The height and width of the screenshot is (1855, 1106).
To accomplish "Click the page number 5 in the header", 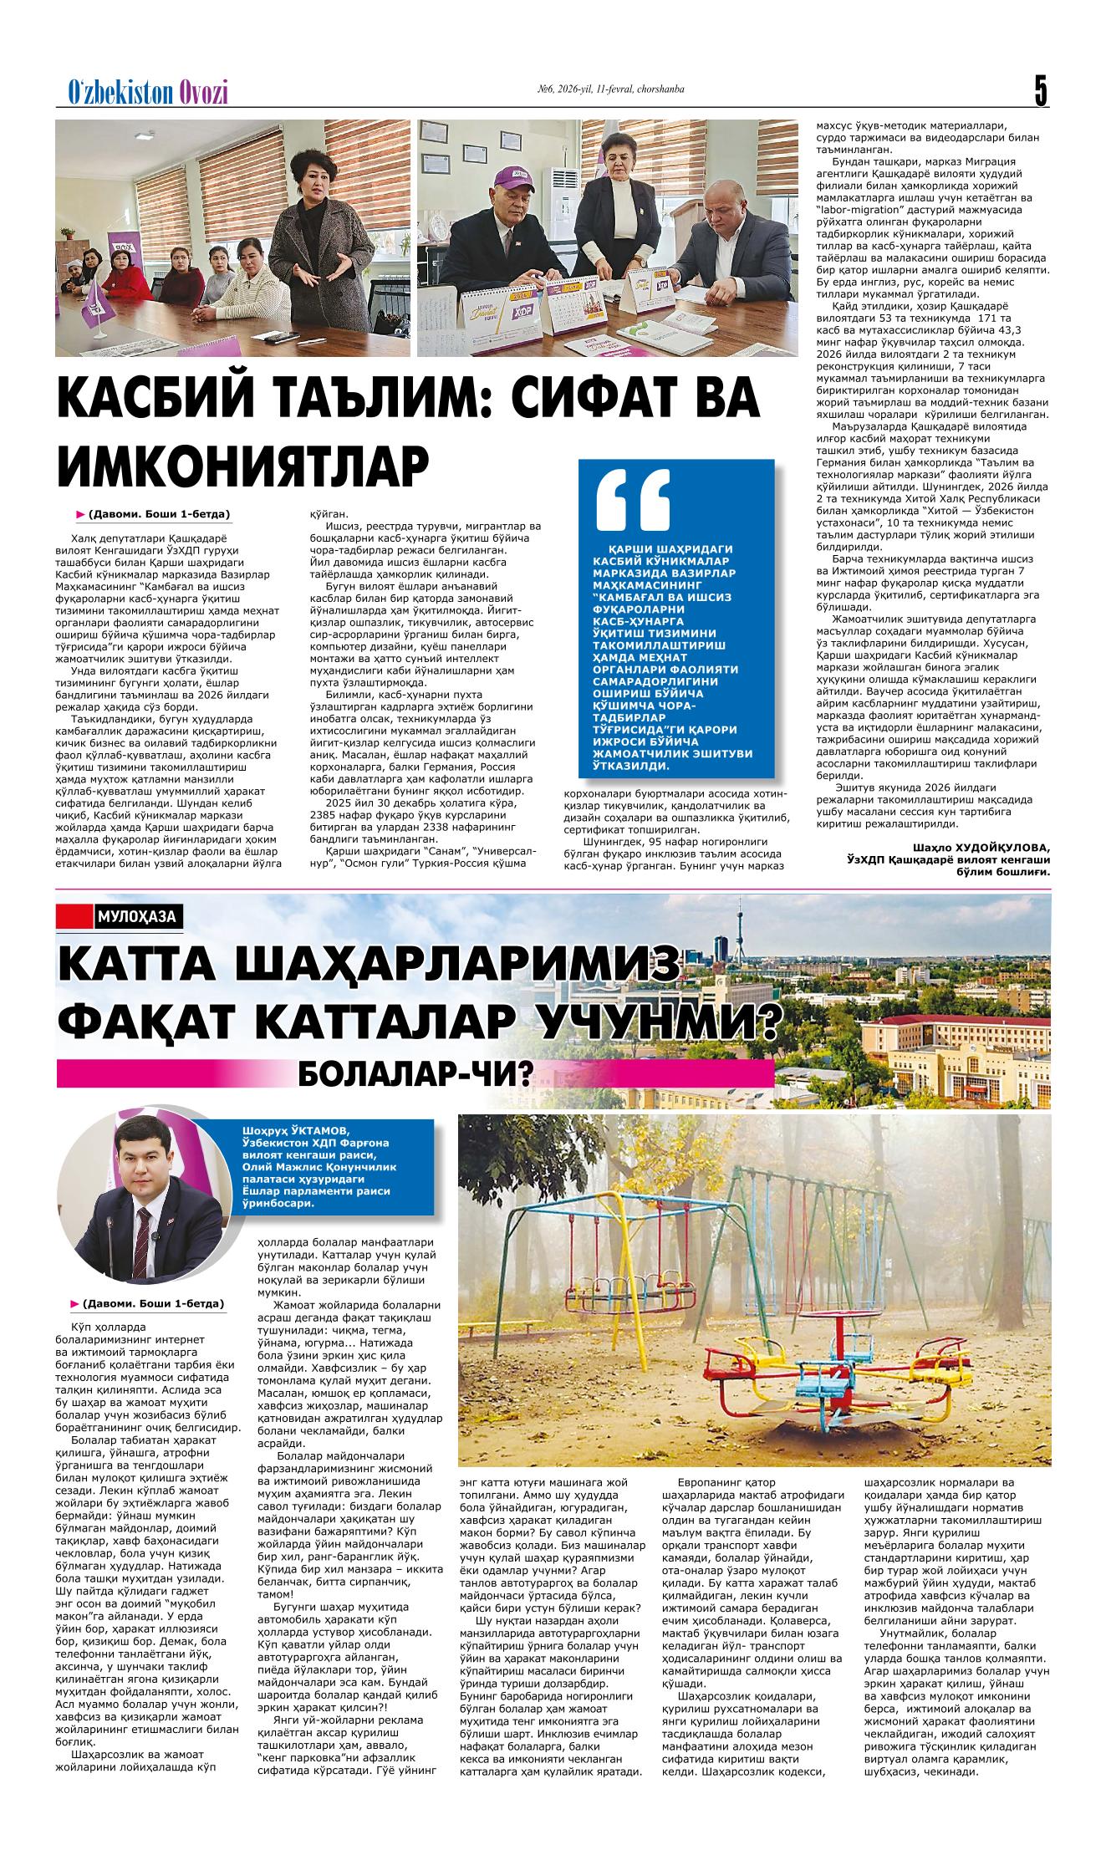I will tap(1040, 89).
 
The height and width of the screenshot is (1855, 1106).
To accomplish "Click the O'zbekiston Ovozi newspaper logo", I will tap(147, 93).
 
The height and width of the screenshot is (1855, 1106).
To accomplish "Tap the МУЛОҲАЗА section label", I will tap(136, 916).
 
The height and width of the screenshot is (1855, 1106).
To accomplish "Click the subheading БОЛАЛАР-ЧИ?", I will tap(415, 1073).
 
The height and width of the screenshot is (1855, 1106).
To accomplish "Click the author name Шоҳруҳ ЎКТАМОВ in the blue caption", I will tap(292, 1129).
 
